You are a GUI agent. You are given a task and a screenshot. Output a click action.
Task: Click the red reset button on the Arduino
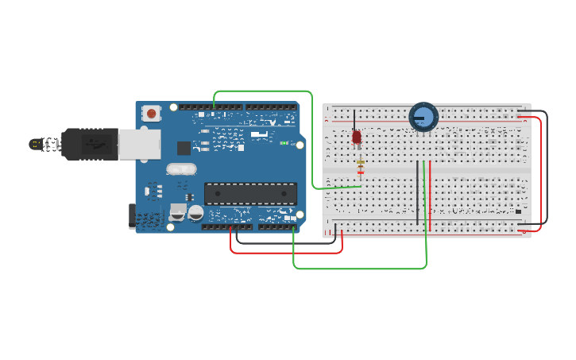(152, 114)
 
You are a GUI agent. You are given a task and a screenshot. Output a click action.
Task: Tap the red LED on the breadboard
(357, 137)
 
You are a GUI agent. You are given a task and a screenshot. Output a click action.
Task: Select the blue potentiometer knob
(423, 118)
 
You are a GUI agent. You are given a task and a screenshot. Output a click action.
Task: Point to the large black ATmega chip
(250, 193)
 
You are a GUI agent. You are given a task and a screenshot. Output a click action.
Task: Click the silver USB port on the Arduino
(139, 144)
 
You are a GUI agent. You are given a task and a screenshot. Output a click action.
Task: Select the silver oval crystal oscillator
(181, 169)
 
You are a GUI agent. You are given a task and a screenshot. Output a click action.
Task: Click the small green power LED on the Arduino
(284, 143)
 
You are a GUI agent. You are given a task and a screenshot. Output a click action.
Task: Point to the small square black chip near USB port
(184, 147)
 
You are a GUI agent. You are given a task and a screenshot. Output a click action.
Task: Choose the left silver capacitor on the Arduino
(177, 212)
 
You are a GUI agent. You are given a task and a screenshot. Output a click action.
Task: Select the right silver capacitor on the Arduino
(195, 212)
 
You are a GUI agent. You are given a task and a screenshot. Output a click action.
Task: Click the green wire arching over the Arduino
(262, 91)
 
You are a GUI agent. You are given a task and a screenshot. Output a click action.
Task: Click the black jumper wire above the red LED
(354, 121)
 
